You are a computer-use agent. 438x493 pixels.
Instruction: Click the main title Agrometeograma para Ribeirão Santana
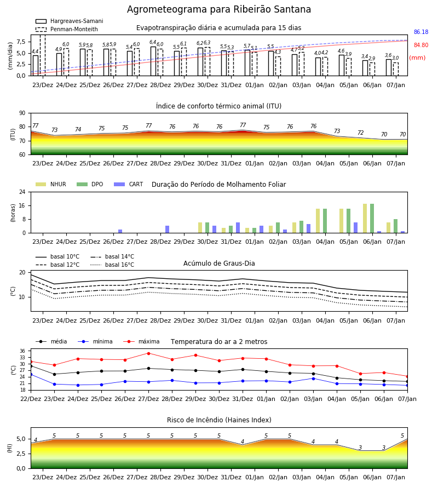[219, 9]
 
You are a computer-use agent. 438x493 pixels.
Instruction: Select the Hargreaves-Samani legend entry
[69, 21]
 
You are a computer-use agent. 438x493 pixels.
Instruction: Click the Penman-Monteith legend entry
[67, 29]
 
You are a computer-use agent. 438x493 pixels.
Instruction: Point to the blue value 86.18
[421, 32]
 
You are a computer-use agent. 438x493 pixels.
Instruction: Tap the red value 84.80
[421, 45]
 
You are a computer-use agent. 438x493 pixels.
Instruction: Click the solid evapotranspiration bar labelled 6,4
[153, 61]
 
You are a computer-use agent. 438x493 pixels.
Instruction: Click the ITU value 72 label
[360, 133]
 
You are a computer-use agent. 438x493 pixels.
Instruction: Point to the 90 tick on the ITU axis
[22, 113]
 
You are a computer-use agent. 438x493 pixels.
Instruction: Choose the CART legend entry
[129, 184]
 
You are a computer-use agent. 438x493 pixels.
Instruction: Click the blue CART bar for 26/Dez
[120, 231]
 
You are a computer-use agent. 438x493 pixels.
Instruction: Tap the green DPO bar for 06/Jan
[372, 219]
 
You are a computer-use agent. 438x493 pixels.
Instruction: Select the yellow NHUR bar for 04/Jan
[318, 221]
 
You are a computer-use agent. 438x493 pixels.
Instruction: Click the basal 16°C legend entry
[112, 265]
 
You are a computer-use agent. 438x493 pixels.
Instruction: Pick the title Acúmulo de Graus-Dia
[219, 263]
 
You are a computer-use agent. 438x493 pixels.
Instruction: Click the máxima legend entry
[142, 341]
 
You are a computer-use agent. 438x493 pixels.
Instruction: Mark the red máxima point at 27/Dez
[148, 353]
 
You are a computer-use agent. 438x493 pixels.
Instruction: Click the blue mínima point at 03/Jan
[313, 379]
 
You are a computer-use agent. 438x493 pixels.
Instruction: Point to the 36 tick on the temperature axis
[22, 351]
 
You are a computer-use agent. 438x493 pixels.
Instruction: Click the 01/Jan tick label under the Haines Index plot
[255, 477]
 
